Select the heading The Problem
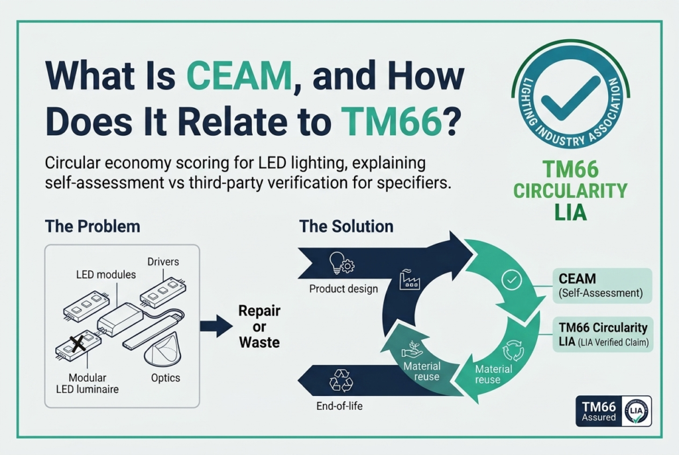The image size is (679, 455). point(93,227)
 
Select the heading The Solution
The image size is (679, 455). point(346,227)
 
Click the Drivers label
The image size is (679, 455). point(163,262)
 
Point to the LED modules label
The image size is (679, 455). point(105,275)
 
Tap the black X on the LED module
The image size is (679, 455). point(78,344)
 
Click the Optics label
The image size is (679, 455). point(165,378)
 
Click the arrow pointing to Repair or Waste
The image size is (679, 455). point(216,326)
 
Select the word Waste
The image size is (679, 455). point(259,342)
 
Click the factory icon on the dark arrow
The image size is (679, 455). point(409,279)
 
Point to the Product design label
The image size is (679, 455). point(343,289)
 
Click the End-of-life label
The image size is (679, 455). point(339,406)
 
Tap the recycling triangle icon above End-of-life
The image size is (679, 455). point(341,381)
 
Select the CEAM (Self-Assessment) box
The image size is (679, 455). point(602,285)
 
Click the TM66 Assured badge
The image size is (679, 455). point(613,411)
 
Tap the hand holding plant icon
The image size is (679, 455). point(412,349)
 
